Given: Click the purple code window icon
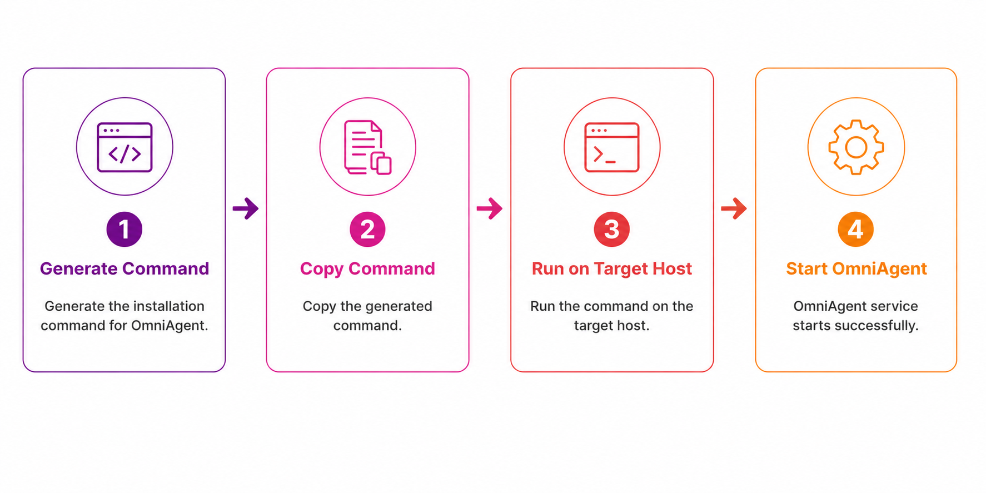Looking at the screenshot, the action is (125, 147).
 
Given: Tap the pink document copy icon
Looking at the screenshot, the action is (367, 147).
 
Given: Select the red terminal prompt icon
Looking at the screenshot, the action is (612, 147).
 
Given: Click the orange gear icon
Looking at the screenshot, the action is (856, 147).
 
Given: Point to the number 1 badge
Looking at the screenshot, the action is (125, 229).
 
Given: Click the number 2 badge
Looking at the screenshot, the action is (367, 229).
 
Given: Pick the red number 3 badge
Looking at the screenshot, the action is (612, 229).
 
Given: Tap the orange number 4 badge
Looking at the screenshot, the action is (856, 229).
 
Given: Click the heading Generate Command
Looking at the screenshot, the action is (125, 269).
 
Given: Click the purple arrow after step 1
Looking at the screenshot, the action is (246, 208).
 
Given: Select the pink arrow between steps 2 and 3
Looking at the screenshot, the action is (490, 208).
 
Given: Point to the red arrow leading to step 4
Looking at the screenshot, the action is (734, 208).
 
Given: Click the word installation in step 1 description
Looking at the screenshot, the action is (168, 306).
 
